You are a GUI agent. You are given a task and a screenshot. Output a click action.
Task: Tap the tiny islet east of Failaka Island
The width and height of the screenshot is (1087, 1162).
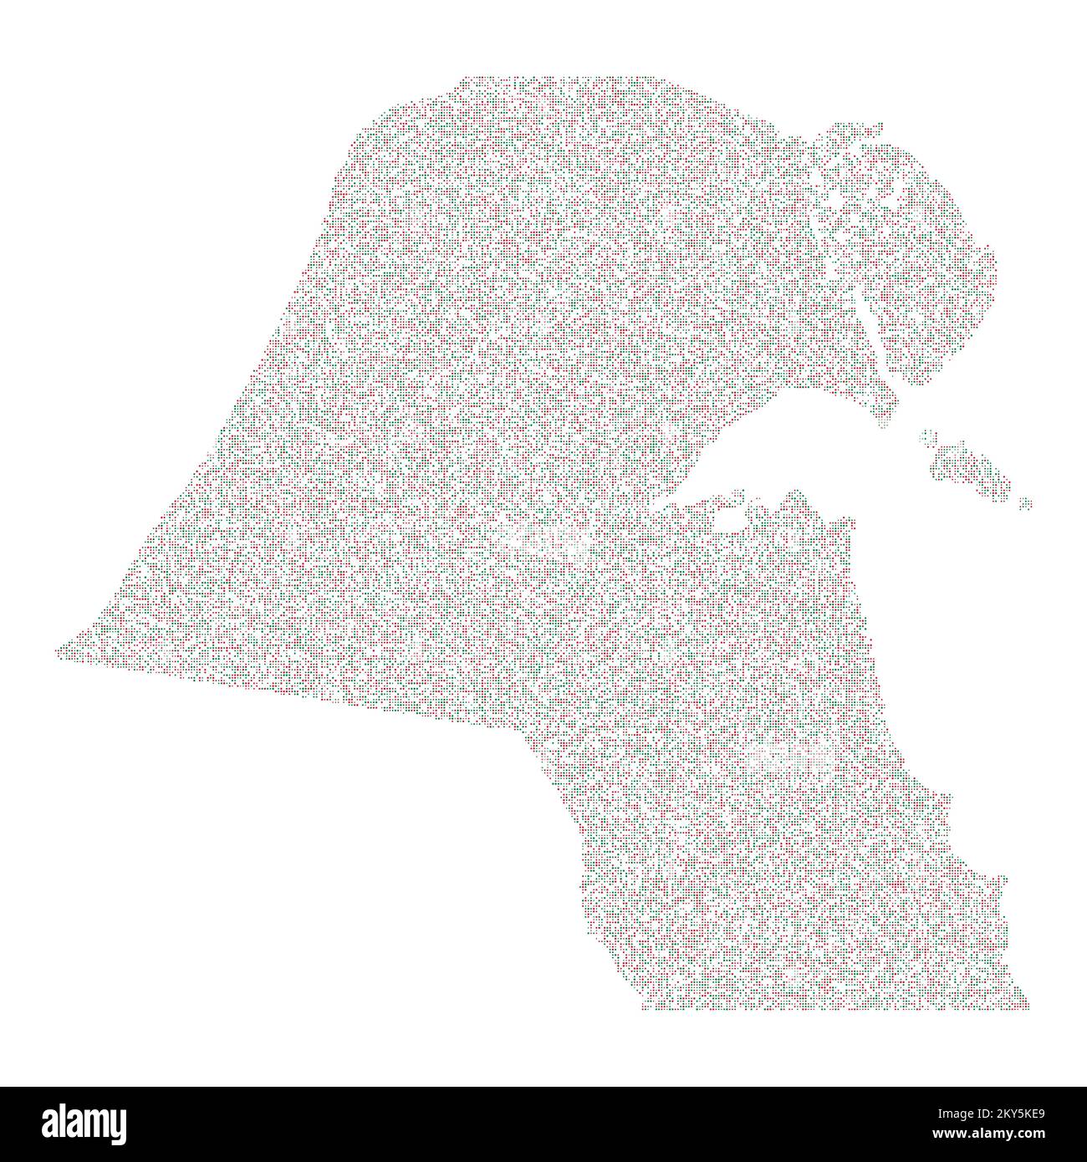click(1026, 502)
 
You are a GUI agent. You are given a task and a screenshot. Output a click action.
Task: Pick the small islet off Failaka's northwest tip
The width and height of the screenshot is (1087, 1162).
click(927, 436)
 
